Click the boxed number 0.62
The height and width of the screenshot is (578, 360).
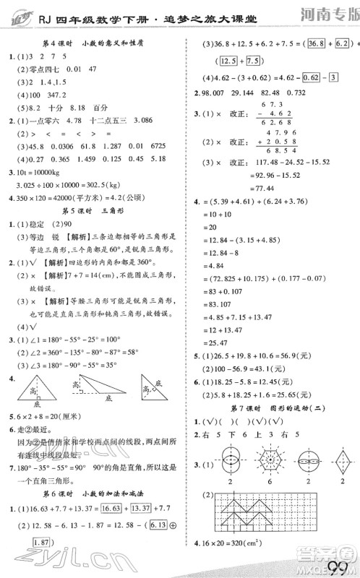pyautogui.click(x=313, y=77)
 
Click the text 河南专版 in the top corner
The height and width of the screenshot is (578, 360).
pyautogui.click(x=330, y=12)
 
